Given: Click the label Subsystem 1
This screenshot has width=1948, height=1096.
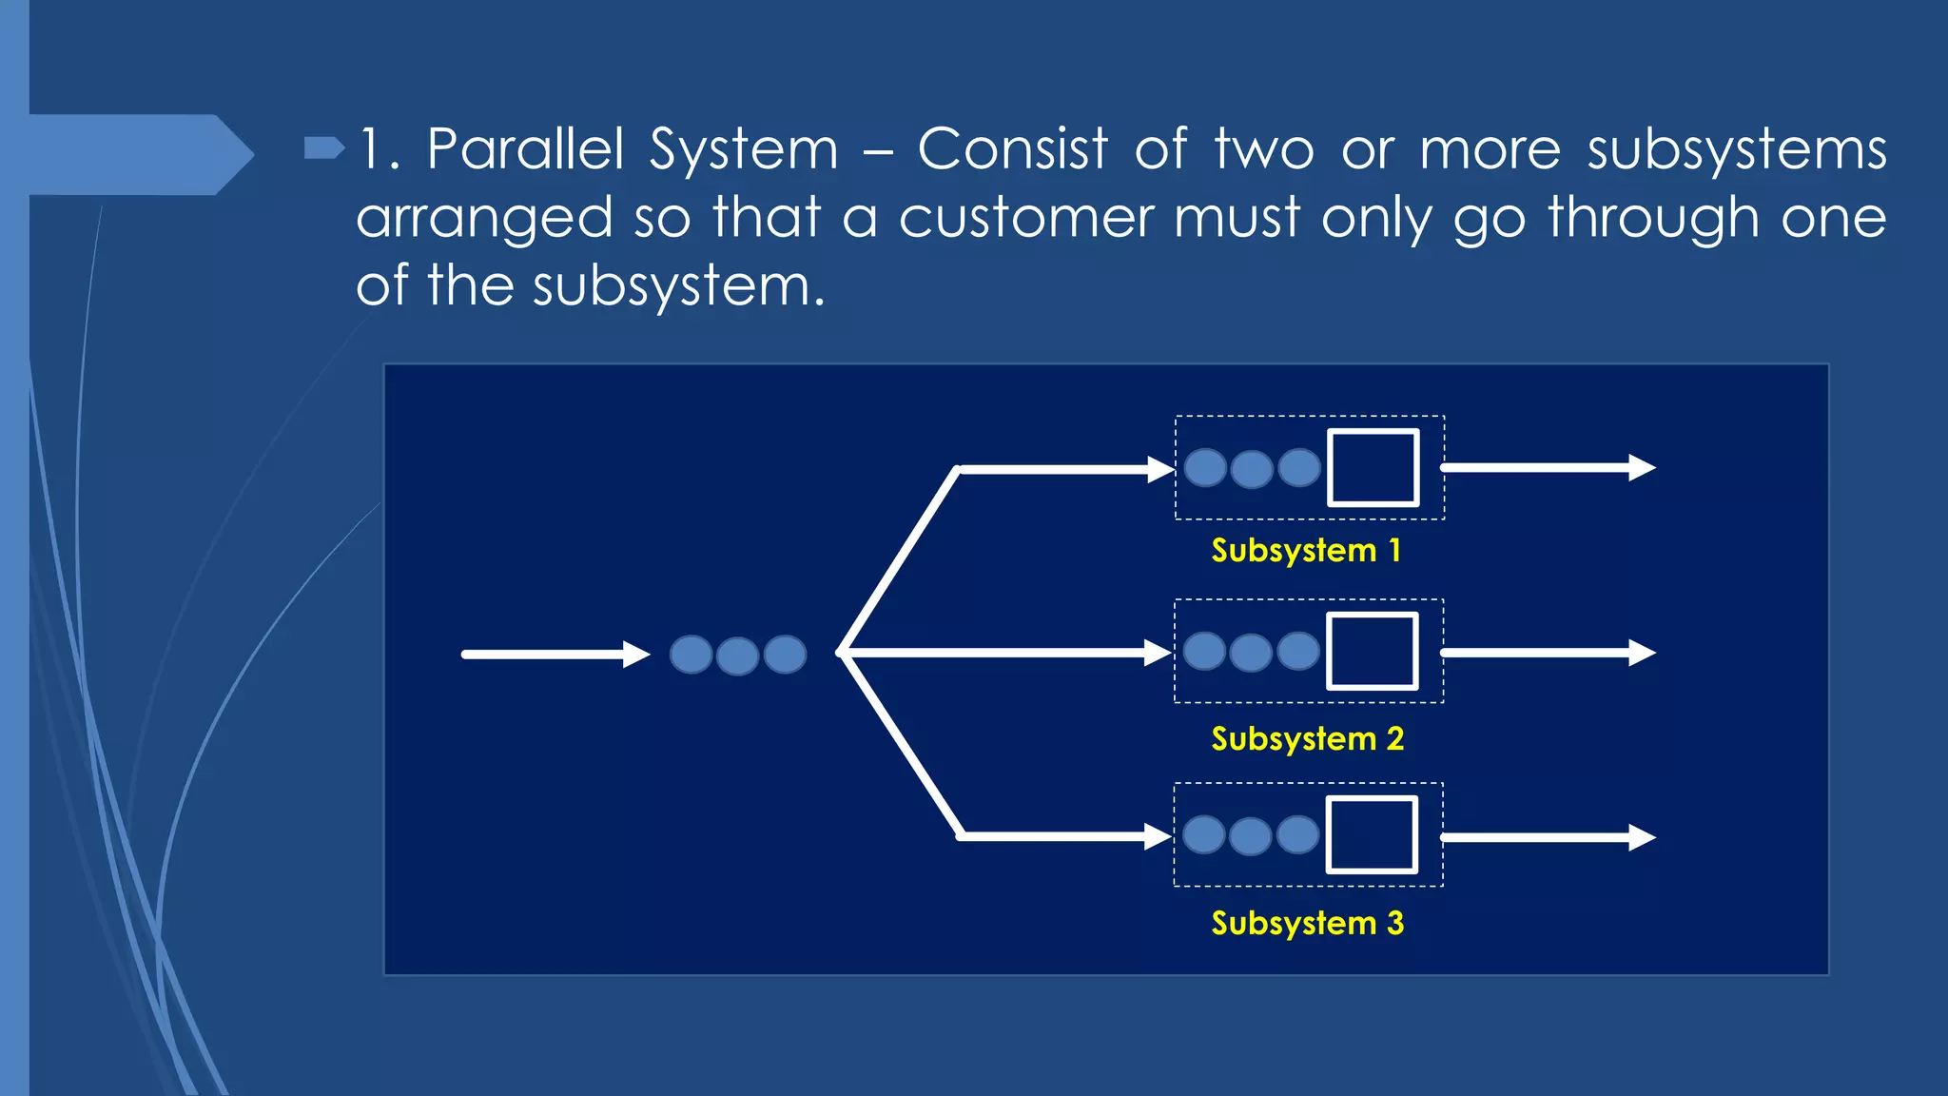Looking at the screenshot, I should click(1305, 551).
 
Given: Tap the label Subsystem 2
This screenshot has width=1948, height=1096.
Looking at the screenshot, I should click(1307, 739).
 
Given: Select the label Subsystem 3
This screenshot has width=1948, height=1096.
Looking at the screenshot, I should click(1307, 924).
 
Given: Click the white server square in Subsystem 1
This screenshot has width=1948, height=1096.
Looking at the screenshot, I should click(1373, 467).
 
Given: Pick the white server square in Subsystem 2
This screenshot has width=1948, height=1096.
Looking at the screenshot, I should click(1372, 652).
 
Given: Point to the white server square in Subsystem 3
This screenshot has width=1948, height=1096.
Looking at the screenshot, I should click(1372, 835).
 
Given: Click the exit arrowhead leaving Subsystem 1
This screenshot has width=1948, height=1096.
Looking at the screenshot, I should click(1643, 467).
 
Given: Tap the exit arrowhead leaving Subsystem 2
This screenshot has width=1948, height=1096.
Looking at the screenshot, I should click(1643, 653).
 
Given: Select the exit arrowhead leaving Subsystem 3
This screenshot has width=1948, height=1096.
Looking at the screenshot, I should click(1643, 837).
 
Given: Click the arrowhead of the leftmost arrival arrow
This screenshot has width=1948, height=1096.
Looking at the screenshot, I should click(636, 655).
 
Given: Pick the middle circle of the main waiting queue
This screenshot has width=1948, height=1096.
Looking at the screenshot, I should click(737, 656).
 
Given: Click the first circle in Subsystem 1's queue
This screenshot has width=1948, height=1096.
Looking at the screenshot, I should click(1205, 467).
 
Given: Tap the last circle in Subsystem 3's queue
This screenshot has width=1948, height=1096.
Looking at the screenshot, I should click(1297, 834).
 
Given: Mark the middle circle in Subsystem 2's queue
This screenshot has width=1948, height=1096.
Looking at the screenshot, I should click(1251, 653).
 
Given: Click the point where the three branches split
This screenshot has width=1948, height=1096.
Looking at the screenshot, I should click(842, 653).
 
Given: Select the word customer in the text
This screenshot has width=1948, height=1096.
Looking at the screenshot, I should click(1025, 218).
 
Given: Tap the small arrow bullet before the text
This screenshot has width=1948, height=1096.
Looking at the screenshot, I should click(323, 147).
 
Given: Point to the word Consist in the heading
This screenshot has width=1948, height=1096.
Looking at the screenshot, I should click(1012, 149).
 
